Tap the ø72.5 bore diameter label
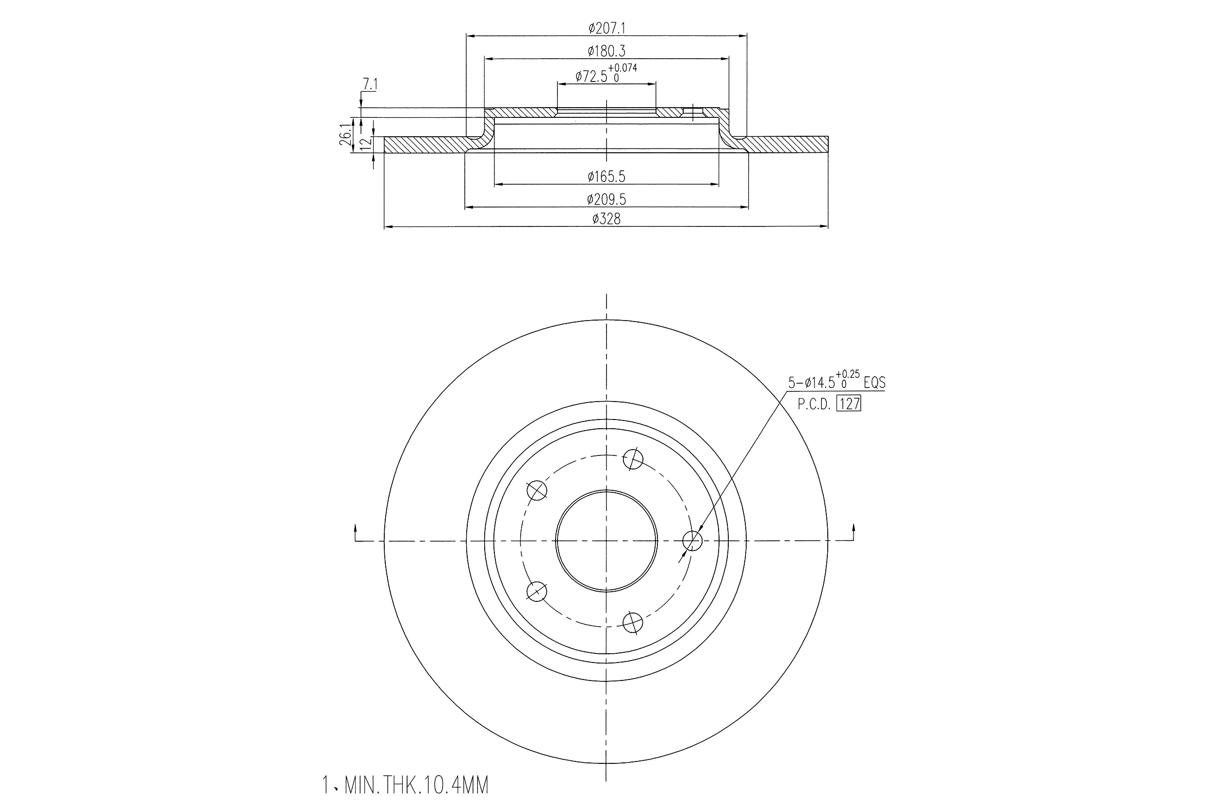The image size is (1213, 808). coord(591,77)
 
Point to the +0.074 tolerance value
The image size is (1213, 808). coord(623,67)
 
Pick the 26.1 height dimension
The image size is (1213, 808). coord(346,135)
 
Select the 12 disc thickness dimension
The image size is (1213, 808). coord(365,143)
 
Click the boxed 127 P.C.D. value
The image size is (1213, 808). coord(849,404)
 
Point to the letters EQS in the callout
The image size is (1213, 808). coord(874,383)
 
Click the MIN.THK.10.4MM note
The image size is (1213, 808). coord(405,785)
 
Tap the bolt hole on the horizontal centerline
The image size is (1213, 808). coord(692,541)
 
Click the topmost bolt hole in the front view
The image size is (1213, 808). coord(633,459)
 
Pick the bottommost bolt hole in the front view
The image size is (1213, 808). coord(633,623)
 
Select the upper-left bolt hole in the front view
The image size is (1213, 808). coord(537,490)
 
